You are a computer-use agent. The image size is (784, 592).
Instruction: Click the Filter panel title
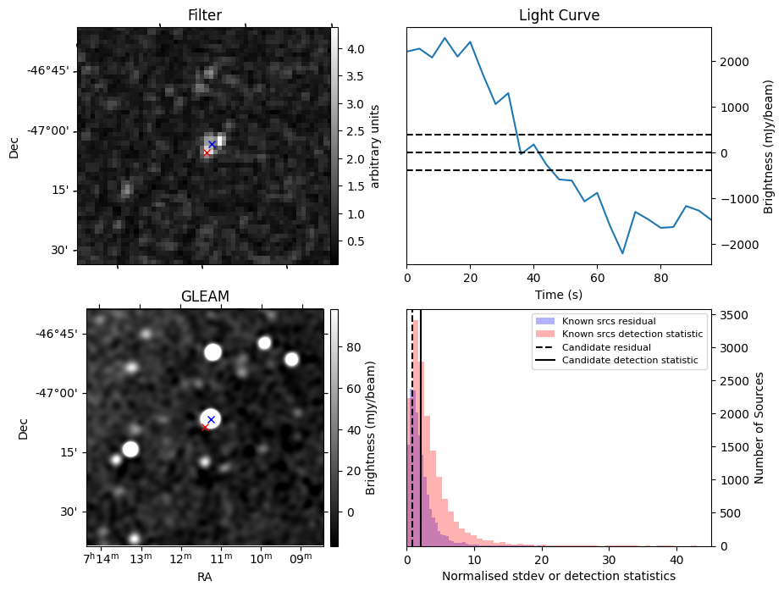point(205,15)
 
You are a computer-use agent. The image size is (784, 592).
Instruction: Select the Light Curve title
point(559,15)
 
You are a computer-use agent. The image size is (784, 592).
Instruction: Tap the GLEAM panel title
point(205,296)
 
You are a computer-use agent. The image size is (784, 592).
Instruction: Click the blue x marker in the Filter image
point(212,145)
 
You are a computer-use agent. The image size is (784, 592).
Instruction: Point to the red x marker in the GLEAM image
point(204,427)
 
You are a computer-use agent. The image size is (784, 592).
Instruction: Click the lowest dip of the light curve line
point(622,253)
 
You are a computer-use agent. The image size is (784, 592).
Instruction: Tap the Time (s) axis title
point(559,295)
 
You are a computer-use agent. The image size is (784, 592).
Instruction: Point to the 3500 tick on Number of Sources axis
point(732,315)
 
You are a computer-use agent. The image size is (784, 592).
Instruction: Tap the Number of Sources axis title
point(759,428)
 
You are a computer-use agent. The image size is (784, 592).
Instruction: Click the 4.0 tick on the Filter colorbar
point(356,49)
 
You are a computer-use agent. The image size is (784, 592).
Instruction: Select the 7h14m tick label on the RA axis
point(100,559)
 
